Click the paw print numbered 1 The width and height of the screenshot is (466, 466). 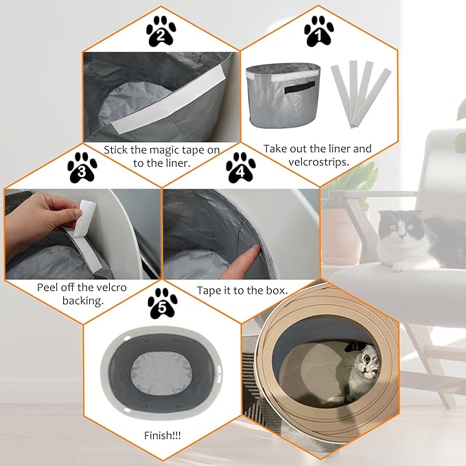click(x=319, y=31)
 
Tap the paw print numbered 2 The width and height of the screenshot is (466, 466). click(x=161, y=31)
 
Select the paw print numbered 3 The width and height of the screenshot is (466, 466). click(x=82, y=167)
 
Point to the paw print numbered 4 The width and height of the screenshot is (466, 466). click(x=240, y=167)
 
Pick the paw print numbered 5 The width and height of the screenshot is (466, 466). click(x=162, y=303)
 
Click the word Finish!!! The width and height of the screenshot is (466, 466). click(x=162, y=435)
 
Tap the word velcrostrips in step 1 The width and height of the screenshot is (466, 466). click(x=318, y=162)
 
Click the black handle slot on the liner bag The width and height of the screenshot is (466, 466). click(x=299, y=87)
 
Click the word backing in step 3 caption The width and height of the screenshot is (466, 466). click(x=83, y=301)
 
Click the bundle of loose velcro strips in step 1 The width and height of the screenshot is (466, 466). click(x=360, y=94)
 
